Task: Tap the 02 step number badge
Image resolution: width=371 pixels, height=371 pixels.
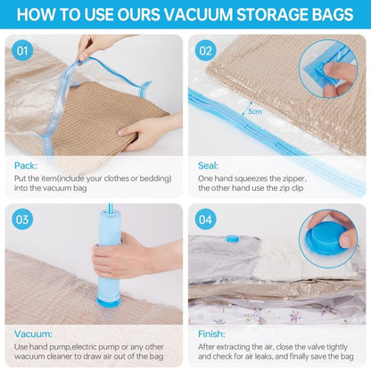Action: [x=207, y=51]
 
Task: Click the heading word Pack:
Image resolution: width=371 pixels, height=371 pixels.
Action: [x=27, y=166]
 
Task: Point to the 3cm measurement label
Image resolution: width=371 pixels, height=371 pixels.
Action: [x=255, y=111]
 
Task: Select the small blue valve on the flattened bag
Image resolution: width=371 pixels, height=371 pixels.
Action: [x=233, y=238]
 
